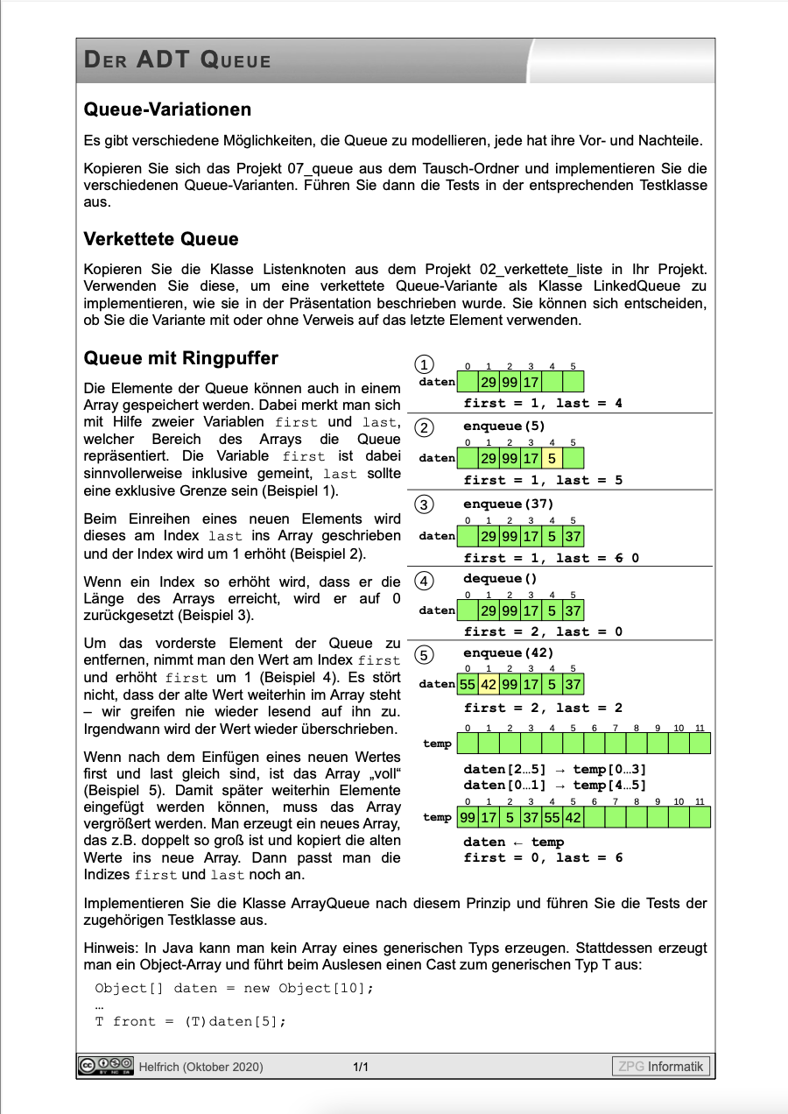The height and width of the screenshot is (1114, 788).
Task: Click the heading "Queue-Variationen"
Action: tap(167, 110)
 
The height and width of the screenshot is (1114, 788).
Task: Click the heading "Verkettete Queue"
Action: tap(161, 239)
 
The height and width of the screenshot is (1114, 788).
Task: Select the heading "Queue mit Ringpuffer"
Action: tap(180, 358)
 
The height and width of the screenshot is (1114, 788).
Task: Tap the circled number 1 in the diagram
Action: tap(424, 365)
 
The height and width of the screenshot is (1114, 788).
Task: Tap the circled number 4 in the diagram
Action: tap(424, 582)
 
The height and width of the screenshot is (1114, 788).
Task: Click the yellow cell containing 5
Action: tap(552, 458)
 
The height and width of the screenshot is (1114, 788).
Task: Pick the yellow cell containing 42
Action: tap(488, 684)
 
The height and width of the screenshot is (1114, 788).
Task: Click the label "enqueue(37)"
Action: tap(509, 504)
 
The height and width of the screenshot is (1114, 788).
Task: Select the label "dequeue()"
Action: tap(500, 578)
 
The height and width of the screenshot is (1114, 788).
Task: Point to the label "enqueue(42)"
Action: tap(509, 653)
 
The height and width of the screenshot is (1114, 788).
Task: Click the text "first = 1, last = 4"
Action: tap(543, 404)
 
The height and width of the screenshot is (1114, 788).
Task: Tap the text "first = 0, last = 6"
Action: tap(543, 858)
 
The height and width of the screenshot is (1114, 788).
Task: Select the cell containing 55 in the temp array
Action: tap(552, 817)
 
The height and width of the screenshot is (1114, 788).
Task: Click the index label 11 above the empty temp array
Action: tap(700, 729)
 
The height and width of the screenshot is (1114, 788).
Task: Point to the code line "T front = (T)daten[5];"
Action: tap(191, 1021)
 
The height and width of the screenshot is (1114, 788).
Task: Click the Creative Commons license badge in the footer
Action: tap(105, 1066)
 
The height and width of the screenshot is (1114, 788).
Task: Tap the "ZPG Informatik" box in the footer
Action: tap(660, 1066)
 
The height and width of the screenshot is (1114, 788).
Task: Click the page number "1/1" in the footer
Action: tap(361, 1067)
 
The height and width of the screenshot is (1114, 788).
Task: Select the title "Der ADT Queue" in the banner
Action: tap(178, 61)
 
